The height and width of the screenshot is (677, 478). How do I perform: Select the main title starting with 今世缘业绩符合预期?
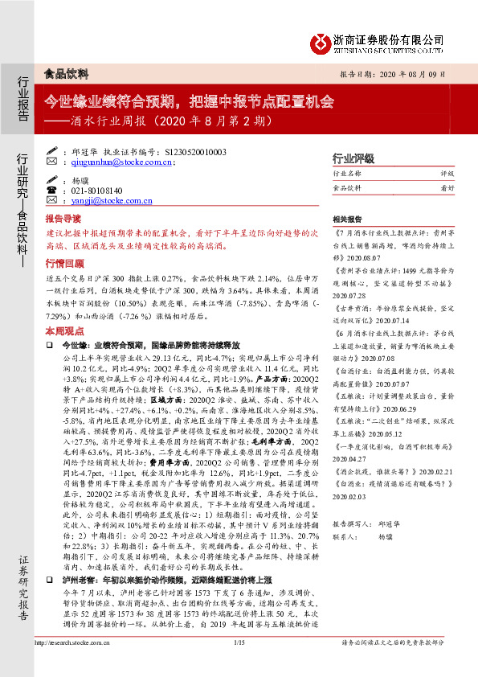click(x=188, y=102)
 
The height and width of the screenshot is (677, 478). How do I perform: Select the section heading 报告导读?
click(x=63, y=219)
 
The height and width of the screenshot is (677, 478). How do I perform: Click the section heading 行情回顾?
click(x=63, y=263)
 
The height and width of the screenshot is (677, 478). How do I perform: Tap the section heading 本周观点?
click(x=63, y=330)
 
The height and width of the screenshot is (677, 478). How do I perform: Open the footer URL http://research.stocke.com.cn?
click(x=77, y=663)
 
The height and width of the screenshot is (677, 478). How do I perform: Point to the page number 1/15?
click(x=239, y=663)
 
